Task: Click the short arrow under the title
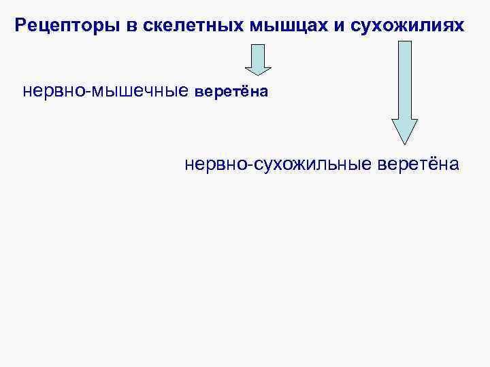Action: coord(258,59)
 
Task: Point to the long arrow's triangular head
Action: coord(404,130)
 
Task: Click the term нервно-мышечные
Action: coord(106,91)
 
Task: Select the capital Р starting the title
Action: coord(20,27)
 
